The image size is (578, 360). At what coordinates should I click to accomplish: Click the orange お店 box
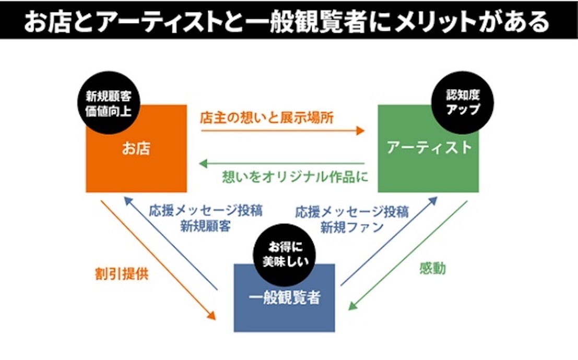(x=136, y=157)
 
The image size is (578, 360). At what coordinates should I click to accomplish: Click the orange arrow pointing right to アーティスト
(x=282, y=130)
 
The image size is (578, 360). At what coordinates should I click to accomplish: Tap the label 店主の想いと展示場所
(x=267, y=117)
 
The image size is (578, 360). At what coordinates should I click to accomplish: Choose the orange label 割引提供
(x=122, y=274)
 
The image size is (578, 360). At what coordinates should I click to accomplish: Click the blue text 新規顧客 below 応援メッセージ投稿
(x=205, y=227)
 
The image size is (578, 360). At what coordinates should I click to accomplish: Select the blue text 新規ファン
(x=352, y=227)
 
